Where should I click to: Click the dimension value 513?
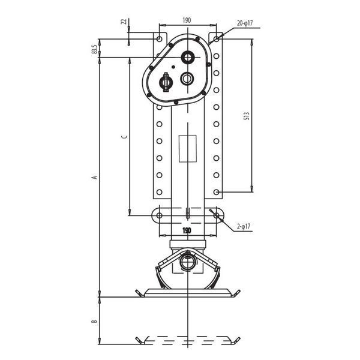tap(247, 116)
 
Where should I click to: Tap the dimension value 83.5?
tap(94, 49)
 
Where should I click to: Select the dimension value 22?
tap(124, 22)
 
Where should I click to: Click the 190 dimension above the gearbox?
tap(187, 20)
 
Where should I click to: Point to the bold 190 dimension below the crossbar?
tap(187, 230)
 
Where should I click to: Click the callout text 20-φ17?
tap(245, 23)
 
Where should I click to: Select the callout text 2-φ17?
tap(244, 227)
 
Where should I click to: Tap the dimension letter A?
tap(95, 177)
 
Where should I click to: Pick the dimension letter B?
tap(94, 321)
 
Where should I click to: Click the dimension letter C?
tap(124, 137)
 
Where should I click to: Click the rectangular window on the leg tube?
tap(188, 149)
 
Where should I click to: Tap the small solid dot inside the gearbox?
tap(173, 67)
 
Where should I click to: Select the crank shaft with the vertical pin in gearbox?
tap(166, 82)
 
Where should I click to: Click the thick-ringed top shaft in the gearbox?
tap(188, 56)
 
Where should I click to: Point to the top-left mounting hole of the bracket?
tap(159, 39)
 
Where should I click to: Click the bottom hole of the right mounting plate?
tap(216, 192)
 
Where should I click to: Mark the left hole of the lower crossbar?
tap(159, 215)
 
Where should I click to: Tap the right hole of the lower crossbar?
tap(216, 215)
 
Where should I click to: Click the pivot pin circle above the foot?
tap(188, 262)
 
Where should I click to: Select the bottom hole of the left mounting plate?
tap(160, 192)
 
